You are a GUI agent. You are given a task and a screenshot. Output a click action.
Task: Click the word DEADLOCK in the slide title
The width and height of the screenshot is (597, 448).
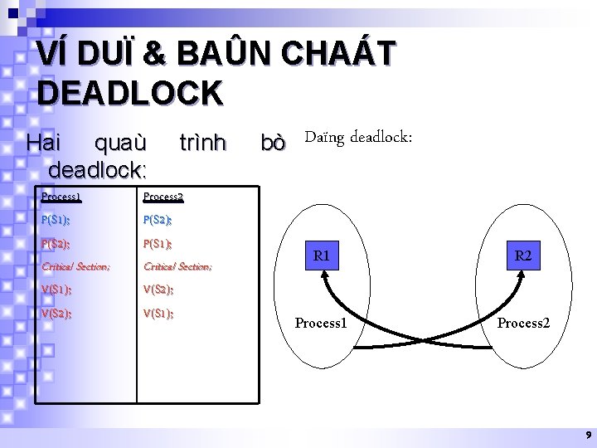pyautogui.click(x=130, y=92)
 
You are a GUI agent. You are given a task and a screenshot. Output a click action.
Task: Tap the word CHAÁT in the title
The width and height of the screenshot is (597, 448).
pyautogui.click(x=340, y=55)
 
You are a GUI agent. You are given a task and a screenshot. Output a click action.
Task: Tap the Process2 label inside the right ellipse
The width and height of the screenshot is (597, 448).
pyautogui.click(x=523, y=322)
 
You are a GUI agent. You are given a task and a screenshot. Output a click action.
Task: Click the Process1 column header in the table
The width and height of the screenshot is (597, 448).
pyautogui.click(x=61, y=197)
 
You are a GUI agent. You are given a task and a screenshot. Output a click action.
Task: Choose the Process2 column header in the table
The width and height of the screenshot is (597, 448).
pyautogui.click(x=163, y=197)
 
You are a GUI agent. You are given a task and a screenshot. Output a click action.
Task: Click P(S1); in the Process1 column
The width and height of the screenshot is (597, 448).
pyautogui.click(x=56, y=220)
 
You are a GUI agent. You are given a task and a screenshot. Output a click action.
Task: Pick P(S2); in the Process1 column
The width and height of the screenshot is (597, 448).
pyautogui.click(x=56, y=244)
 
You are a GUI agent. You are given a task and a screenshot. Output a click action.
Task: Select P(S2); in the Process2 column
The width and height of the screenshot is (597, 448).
pyautogui.click(x=158, y=220)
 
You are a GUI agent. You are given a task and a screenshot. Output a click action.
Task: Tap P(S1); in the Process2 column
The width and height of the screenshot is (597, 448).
pyautogui.click(x=158, y=244)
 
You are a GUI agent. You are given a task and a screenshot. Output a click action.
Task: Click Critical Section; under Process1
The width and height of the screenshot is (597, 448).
pyautogui.click(x=75, y=266)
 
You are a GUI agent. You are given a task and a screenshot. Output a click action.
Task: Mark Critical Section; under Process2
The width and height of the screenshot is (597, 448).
pyautogui.click(x=177, y=266)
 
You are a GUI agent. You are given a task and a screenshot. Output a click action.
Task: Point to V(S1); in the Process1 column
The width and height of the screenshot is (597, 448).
pyautogui.click(x=56, y=290)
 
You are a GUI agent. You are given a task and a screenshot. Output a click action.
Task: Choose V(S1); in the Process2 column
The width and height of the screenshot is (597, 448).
pyautogui.click(x=158, y=314)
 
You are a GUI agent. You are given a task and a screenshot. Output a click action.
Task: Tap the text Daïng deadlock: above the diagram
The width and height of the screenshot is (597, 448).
pyautogui.click(x=358, y=136)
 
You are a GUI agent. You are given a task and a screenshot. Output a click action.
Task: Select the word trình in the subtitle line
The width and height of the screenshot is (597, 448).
pyautogui.click(x=202, y=144)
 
